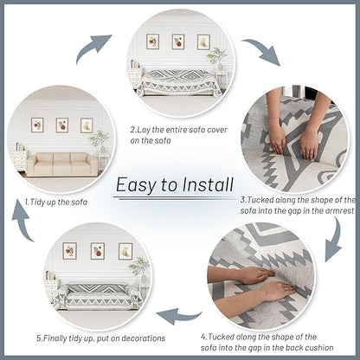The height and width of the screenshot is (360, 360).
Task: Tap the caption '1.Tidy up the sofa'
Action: pos(56,202)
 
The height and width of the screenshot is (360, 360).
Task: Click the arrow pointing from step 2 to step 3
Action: pos(264,50)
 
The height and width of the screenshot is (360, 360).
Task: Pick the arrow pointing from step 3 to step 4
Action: pos(335,241)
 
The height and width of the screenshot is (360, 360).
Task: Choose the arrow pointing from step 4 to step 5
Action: pos(179,316)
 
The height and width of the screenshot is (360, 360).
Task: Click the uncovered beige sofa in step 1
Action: pos(62,164)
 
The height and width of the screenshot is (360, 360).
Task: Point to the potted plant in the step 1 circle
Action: pos(100,141)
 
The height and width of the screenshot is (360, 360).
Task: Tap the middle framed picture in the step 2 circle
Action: pos(178,42)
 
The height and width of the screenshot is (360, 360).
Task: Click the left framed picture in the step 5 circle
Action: pos(69,251)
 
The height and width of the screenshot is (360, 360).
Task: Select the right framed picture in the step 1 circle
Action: pos(87,125)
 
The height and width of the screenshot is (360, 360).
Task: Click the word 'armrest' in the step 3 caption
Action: pos(339,211)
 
